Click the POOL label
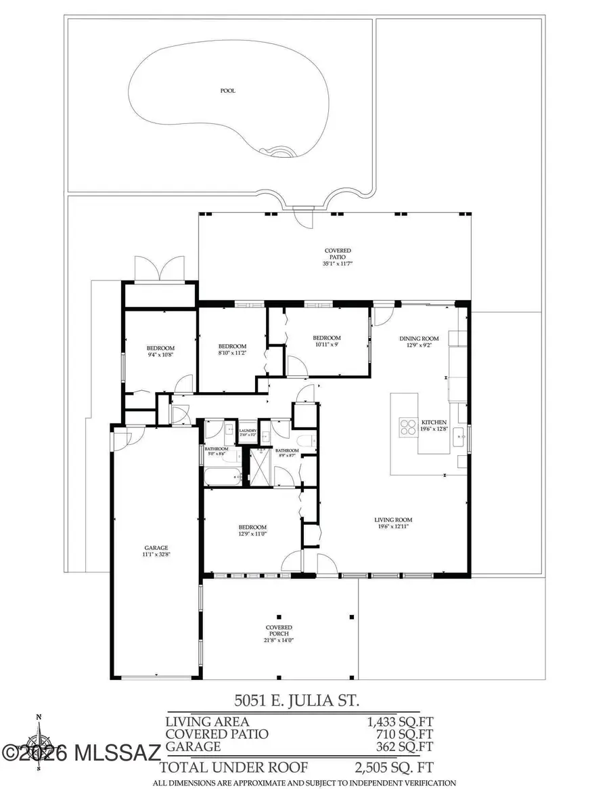228,91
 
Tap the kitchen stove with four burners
408,427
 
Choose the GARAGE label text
156,548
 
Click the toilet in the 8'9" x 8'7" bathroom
308,442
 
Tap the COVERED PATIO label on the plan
338,254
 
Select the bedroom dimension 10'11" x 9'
326,345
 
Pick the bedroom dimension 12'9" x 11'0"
252,534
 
